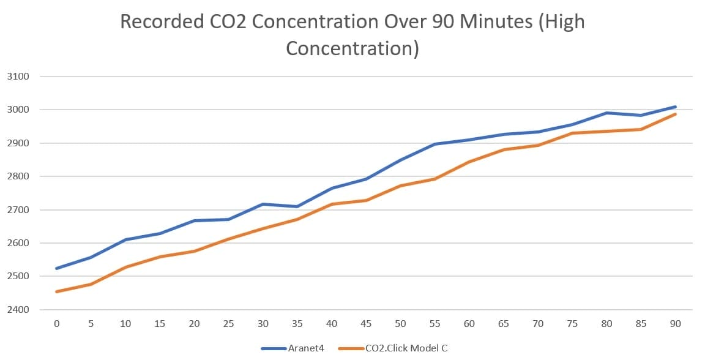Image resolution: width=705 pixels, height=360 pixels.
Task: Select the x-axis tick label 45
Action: [366, 323]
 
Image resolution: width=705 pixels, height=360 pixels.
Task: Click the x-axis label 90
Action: [676, 323]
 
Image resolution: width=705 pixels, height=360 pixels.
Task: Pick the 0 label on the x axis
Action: [56, 323]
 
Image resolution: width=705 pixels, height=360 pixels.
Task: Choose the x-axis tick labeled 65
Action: [504, 323]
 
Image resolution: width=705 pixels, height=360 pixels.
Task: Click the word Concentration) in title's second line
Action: [352, 48]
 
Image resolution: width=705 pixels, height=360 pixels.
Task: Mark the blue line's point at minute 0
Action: [56, 268]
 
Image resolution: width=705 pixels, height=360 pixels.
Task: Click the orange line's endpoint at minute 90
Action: [676, 114]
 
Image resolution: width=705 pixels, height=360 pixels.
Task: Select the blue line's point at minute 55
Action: [435, 144]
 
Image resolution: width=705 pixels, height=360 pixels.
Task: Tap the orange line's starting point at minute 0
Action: [56, 291]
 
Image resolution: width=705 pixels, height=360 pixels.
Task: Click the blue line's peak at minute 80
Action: [606, 113]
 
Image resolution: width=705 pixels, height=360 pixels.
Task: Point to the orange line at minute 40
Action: [331, 204]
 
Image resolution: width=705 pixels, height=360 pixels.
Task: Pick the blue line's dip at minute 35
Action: [297, 206]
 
